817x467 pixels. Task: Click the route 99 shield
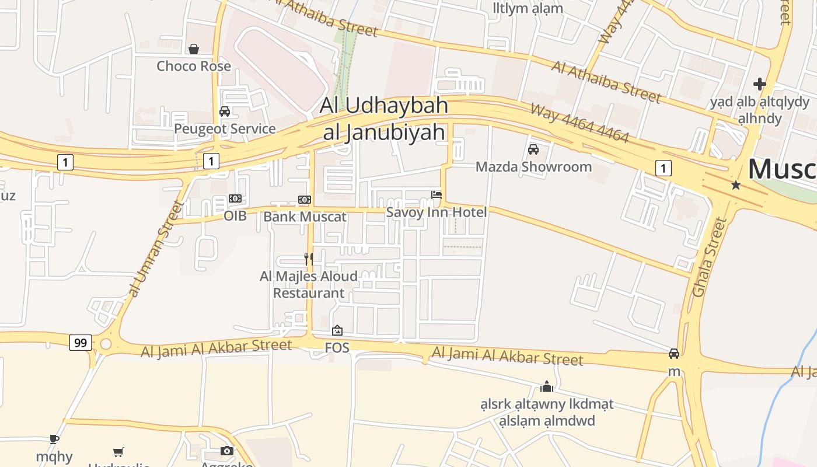81,343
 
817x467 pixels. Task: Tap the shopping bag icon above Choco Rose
194,48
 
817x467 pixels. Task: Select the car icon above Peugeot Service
225,111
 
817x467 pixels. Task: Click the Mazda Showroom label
533,167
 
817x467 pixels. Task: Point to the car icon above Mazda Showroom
533,149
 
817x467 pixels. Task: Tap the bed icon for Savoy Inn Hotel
437,194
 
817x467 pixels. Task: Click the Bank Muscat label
305,217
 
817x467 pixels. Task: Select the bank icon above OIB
235,198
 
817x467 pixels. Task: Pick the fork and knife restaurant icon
309,258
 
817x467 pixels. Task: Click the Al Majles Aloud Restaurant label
309,284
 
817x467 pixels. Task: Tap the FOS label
337,348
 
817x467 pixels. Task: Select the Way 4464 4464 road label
579,123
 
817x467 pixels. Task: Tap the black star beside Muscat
736,185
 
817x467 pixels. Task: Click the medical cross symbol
759,84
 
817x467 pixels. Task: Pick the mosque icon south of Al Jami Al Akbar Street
547,386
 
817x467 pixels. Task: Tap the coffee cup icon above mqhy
54,439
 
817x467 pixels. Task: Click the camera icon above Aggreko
227,451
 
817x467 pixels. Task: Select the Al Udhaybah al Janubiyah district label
384,119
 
